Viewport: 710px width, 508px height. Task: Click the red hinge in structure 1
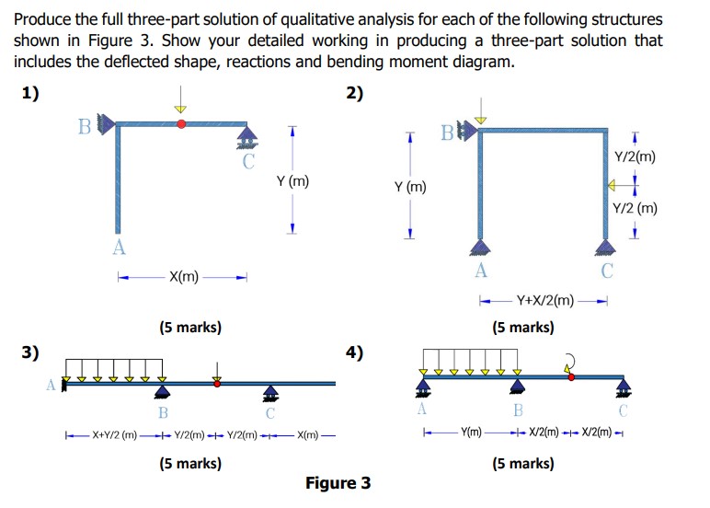coord(181,122)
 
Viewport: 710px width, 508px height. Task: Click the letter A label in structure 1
coord(118,247)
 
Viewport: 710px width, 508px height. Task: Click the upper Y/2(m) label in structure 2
coord(636,156)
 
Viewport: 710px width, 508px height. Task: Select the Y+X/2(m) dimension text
coord(545,300)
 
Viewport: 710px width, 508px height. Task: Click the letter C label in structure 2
coord(606,271)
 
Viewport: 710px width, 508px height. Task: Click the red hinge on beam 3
coord(217,383)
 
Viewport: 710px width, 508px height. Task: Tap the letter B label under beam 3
coord(163,412)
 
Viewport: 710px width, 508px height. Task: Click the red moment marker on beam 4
coord(571,375)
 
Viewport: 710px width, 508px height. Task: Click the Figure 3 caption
coord(338,483)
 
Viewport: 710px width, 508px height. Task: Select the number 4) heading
coord(355,352)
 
